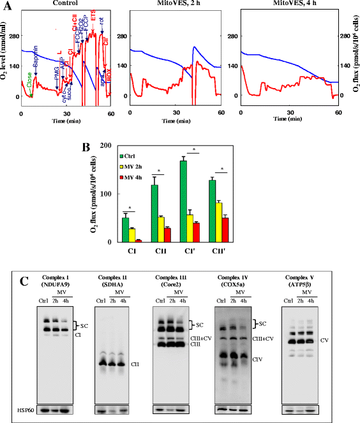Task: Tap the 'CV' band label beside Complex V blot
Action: click(325, 341)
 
